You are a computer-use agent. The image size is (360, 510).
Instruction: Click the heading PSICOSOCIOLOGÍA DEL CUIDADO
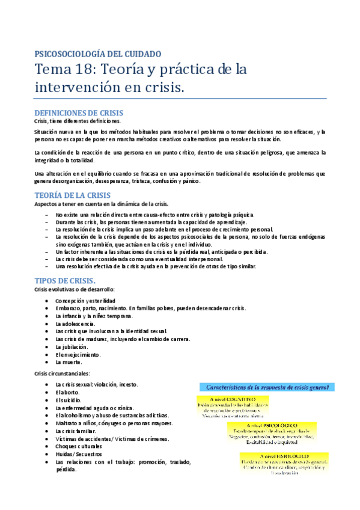102,54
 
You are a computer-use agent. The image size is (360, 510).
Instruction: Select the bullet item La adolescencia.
78,324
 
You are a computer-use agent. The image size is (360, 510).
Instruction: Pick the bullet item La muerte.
69,362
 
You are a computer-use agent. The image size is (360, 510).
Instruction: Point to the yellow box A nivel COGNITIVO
233,407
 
